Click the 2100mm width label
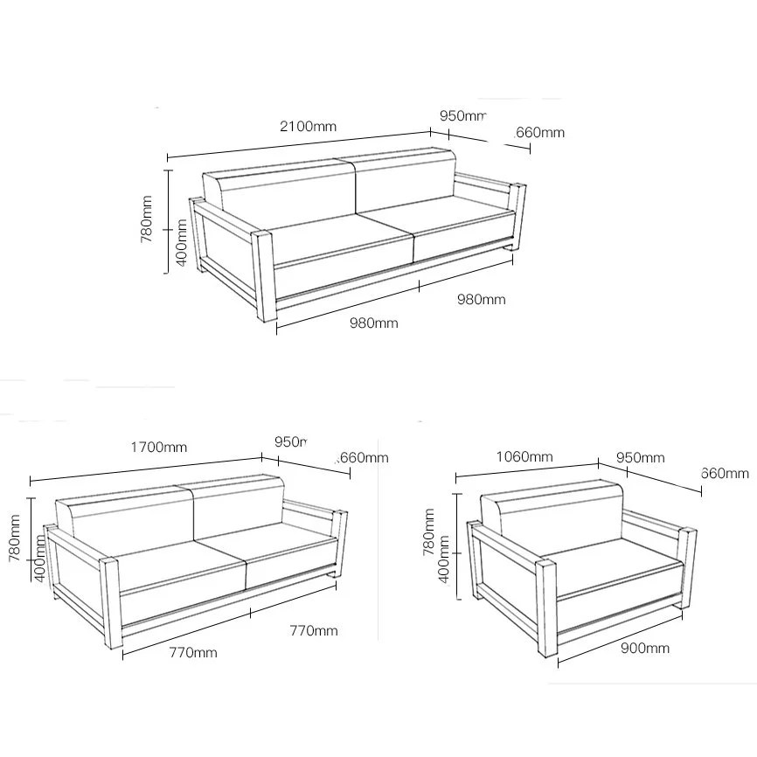coord(308,126)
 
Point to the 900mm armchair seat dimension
coord(645,648)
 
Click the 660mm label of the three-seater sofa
coord(539,133)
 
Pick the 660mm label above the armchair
coord(725,473)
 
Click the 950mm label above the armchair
coord(640,457)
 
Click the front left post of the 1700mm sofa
coord(111,602)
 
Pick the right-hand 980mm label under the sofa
coord(481,299)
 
